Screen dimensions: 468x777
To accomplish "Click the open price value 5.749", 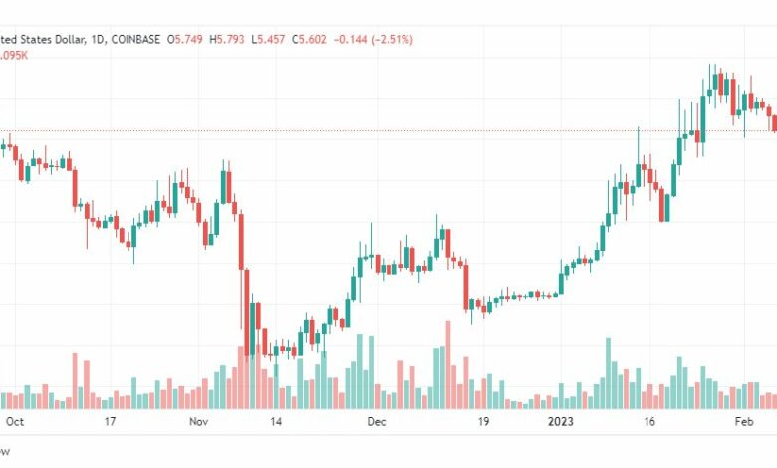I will tap(191, 39).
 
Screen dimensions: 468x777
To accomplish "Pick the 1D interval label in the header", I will tap(94, 39).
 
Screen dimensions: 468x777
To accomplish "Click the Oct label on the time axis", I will tap(15, 422).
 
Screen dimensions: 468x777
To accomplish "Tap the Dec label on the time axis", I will tap(376, 422).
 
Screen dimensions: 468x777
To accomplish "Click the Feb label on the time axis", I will tap(743, 422).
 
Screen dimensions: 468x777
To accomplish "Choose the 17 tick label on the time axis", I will tap(111, 422).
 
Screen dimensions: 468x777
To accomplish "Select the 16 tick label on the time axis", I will tap(650, 422).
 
